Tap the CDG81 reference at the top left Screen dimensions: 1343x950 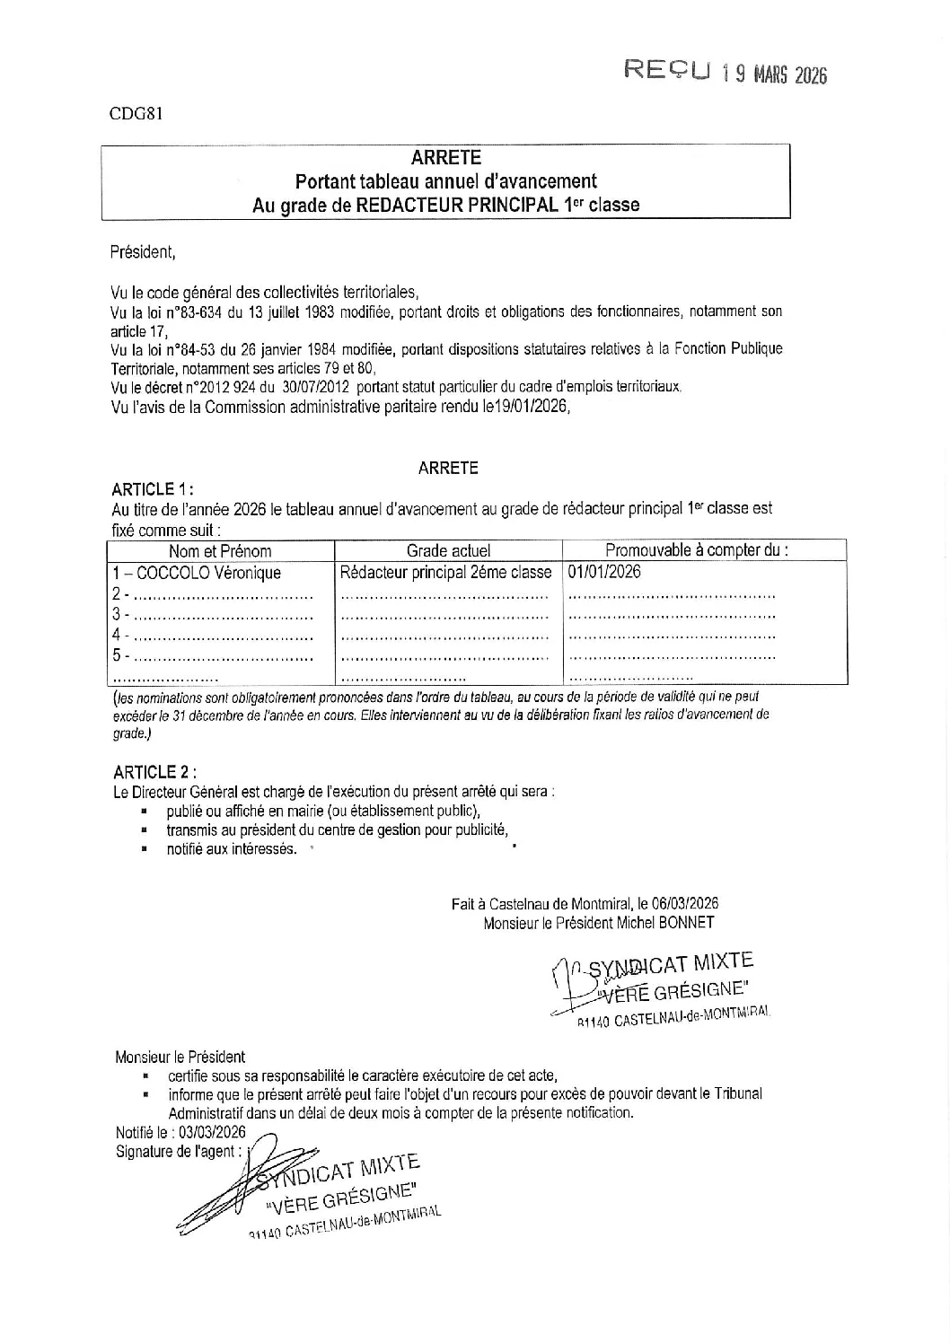(136, 114)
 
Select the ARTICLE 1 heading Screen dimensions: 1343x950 (152, 489)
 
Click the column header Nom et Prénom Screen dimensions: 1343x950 (220, 551)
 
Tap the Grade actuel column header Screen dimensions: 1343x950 (448, 551)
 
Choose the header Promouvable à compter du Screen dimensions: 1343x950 (697, 550)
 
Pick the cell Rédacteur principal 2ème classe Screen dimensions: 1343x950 (446, 573)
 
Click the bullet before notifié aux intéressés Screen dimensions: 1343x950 (144, 848)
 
